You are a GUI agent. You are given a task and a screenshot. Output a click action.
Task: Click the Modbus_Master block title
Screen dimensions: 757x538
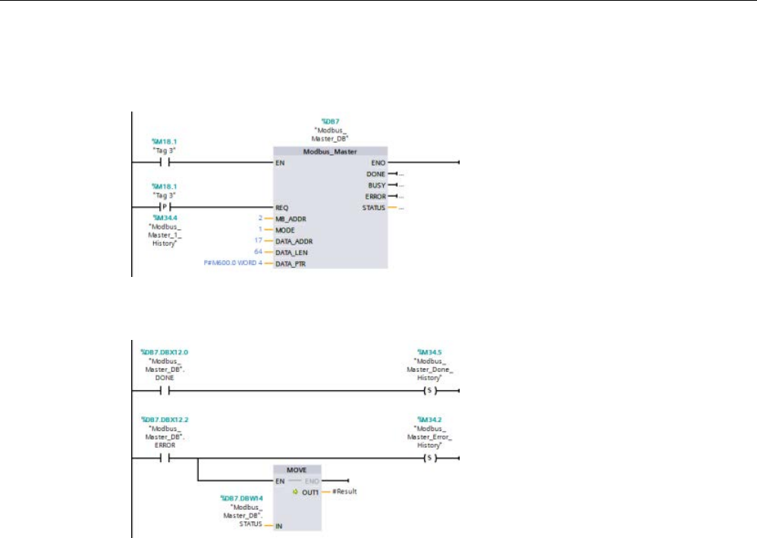coord(329,152)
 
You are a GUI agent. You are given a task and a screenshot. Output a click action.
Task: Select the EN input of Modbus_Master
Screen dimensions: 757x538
coord(280,162)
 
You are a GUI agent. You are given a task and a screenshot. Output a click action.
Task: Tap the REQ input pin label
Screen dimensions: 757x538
coord(281,206)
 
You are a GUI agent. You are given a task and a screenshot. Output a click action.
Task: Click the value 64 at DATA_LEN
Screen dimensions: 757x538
coord(258,252)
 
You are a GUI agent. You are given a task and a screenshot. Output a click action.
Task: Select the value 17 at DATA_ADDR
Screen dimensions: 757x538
coord(258,241)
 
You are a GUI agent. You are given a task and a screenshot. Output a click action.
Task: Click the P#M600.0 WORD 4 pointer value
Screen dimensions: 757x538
coord(226,263)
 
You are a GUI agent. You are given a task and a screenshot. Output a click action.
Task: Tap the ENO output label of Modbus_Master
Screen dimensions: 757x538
coord(378,162)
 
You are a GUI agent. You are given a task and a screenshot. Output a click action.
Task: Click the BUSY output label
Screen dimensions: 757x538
coord(377,185)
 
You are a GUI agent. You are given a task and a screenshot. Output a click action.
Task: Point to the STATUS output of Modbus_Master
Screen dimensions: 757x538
coord(375,207)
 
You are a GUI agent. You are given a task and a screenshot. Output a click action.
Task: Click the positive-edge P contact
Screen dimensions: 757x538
coord(162,206)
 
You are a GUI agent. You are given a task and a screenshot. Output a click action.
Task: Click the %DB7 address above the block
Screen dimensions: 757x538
coord(329,121)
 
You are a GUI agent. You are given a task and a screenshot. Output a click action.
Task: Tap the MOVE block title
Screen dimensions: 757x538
coord(297,470)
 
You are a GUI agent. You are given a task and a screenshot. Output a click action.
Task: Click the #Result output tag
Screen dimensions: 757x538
coord(344,491)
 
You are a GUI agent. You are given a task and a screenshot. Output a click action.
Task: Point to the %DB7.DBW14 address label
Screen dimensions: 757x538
coord(241,498)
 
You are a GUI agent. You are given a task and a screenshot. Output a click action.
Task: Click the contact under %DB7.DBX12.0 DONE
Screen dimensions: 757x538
coord(163,392)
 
